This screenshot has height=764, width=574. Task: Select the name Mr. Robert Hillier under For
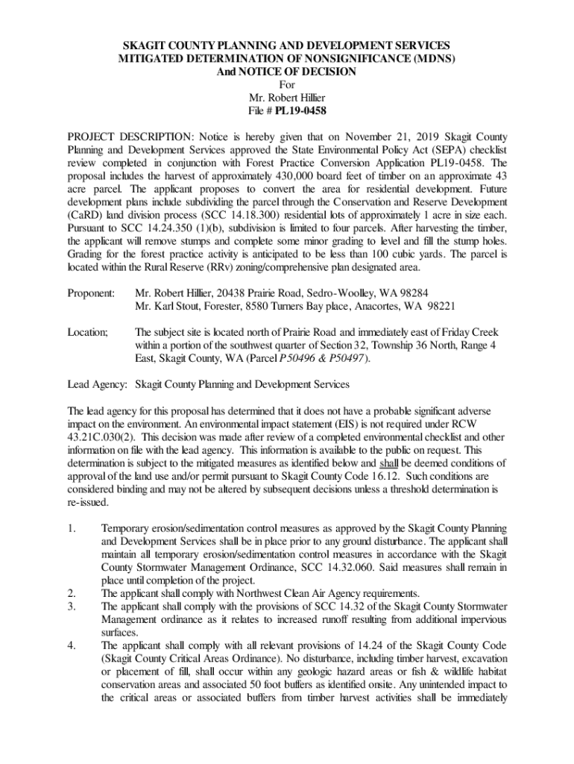tap(286, 98)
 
